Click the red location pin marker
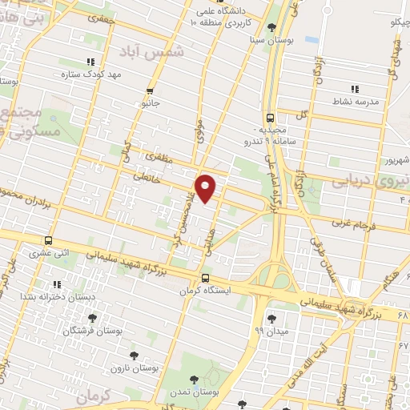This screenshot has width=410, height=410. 207,187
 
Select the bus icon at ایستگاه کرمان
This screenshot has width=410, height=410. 205,279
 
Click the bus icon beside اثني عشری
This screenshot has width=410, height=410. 49,240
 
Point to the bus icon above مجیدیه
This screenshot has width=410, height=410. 270,116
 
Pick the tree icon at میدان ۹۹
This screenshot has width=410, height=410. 271,317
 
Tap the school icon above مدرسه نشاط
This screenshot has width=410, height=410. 354,90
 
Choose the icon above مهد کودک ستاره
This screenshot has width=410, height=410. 90,61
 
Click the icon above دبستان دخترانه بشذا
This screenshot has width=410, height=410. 56,284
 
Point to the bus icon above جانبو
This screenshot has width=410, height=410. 151,91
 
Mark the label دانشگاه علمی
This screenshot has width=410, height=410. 213,12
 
